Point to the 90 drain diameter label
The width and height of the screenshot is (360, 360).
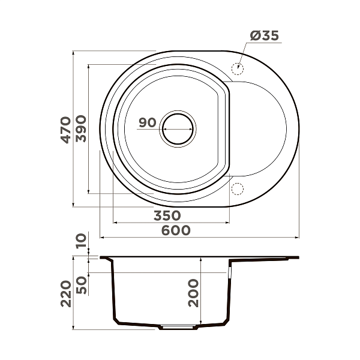click(x=147, y=123)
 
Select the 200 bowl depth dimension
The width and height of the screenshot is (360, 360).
click(x=193, y=293)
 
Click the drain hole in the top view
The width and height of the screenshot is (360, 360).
click(x=178, y=128)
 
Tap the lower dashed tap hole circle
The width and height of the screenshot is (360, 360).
click(x=237, y=189)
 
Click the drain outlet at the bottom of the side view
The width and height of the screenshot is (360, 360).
click(x=177, y=328)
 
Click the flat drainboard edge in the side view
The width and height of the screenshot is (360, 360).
click(x=264, y=259)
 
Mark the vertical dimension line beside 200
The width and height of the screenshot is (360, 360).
click(x=202, y=293)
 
